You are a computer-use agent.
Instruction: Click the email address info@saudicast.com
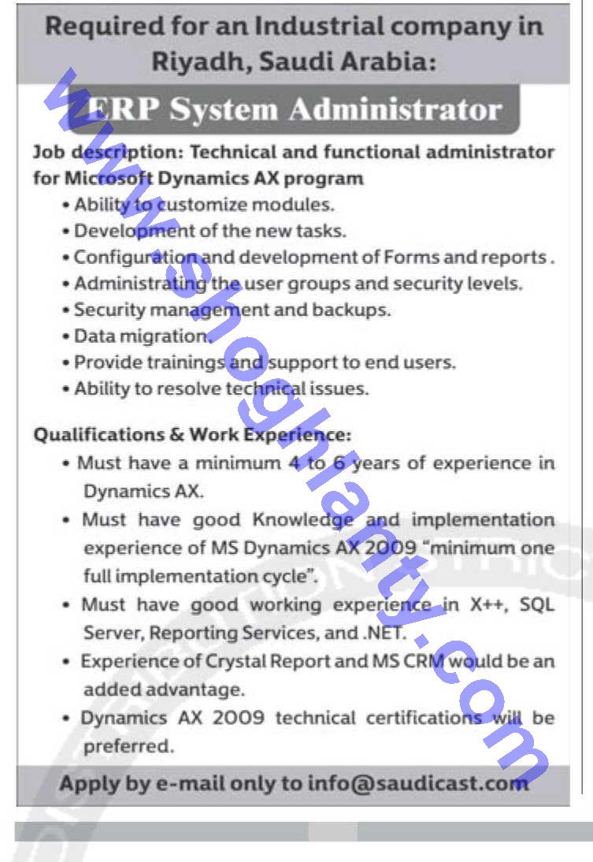417,783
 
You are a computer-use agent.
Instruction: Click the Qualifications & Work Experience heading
192,435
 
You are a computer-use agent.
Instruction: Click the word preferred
128,745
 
